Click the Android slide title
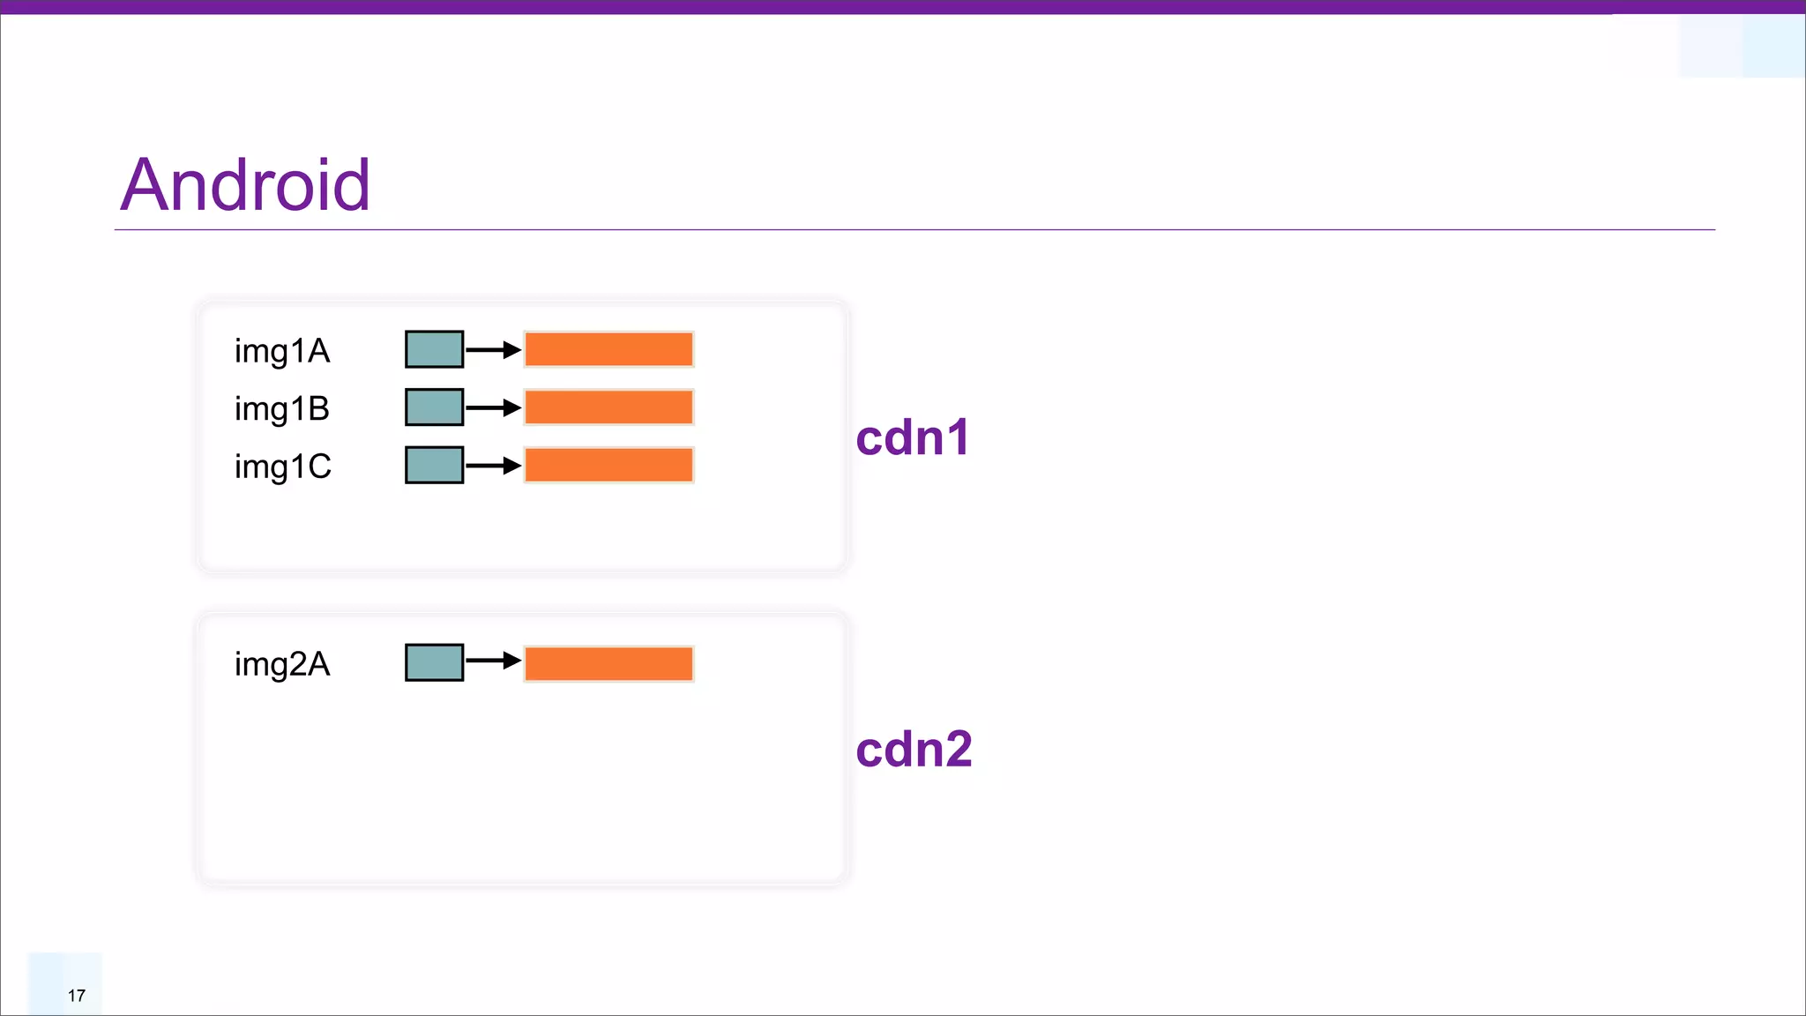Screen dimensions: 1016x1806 click(245, 185)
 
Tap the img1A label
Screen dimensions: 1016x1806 click(282, 351)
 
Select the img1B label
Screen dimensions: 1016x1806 click(282, 409)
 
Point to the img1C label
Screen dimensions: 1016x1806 click(283, 467)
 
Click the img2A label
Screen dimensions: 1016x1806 click(282, 664)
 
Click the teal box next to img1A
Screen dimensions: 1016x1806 click(434, 349)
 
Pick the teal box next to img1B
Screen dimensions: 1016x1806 click(434, 407)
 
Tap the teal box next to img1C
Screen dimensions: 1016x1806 click(434, 465)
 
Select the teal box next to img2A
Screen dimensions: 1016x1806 click(434, 662)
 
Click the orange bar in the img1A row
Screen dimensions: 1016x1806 click(608, 349)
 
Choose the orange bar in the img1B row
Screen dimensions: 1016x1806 click(608, 407)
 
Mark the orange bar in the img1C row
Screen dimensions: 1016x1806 click(608, 465)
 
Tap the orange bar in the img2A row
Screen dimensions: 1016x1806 click(608, 664)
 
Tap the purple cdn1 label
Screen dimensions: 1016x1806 click(913, 437)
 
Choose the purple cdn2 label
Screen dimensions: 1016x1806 click(914, 750)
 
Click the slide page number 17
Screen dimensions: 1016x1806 click(77, 996)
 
